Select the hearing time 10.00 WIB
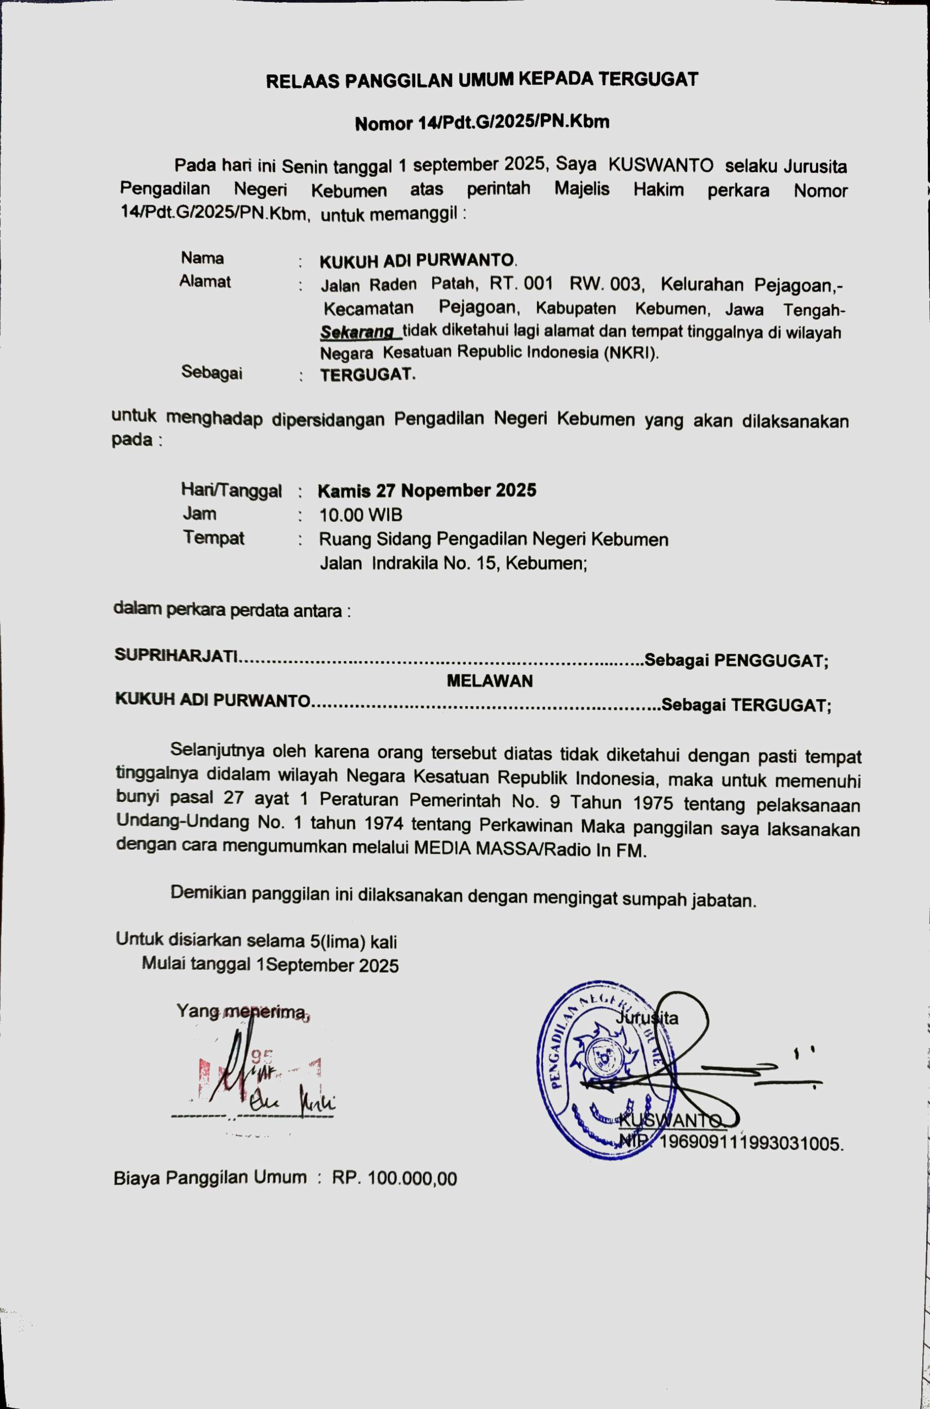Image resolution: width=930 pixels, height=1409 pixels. [361, 515]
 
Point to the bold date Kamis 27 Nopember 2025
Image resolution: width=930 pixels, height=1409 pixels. [427, 491]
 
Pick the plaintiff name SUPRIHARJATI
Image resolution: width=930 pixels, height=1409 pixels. [176, 655]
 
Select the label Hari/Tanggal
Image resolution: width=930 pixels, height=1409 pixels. [231, 491]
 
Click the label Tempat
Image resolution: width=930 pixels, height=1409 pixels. [214, 538]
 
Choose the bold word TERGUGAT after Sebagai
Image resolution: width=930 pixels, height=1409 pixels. [368, 375]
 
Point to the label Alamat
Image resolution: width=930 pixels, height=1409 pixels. [205, 282]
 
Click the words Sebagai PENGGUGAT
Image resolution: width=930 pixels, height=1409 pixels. [736, 660]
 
